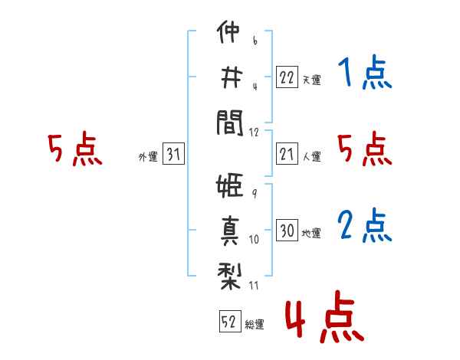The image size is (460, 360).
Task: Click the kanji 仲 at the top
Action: pyautogui.click(x=228, y=31)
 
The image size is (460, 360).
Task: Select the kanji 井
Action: pyautogui.click(x=232, y=77)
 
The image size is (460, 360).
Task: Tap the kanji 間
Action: pyautogui.click(x=230, y=123)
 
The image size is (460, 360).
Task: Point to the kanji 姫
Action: pyautogui.click(x=229, y=185)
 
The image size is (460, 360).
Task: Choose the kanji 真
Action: pyautogui.click(x=230, y=231)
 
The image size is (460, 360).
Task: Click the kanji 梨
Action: pyautogui.click(x=229, y=277)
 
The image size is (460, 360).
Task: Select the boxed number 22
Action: pyautogui.click(x=287, y=77)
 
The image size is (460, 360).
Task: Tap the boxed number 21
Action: pyautogui.click(x=287, y=154)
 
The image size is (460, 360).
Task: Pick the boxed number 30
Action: pyautogui.click(x=287, y=230)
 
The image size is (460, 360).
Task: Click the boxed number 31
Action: pyautogui.click(x=173, y=153)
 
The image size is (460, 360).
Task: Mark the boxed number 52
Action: pyautogui.click(x=230, y=321)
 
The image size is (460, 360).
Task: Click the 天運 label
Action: pyautogui.click(x=312, y=80)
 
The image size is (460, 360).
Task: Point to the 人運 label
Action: pyautogui.click(x=312, y=156)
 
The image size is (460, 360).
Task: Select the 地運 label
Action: pyautogui.click(x=311, y=234)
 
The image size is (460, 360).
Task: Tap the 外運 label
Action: pyautogui.click(x=148, y=157)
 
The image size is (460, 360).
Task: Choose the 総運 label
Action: pyautogui.click(x=255, y=325)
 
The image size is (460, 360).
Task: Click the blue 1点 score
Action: pyautogui.click(x=365, y=72)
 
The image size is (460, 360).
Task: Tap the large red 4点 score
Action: pyautogui.click(x=325, y=317)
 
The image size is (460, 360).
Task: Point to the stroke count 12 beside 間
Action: pyautogui.click(x=254, y=133)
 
